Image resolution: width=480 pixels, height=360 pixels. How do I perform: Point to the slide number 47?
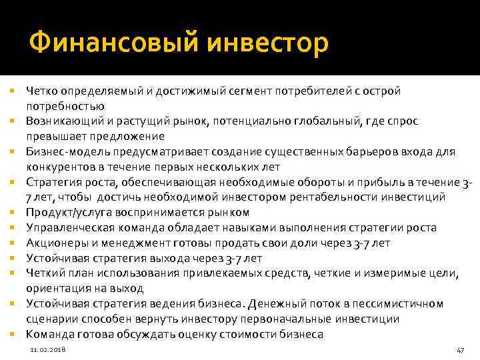[459, 350]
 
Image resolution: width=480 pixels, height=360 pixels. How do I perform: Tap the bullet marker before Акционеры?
[12, 243]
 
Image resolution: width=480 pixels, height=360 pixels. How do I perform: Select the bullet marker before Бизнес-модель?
[12, 152]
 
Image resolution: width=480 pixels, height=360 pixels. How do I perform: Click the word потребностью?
[60, 106]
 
